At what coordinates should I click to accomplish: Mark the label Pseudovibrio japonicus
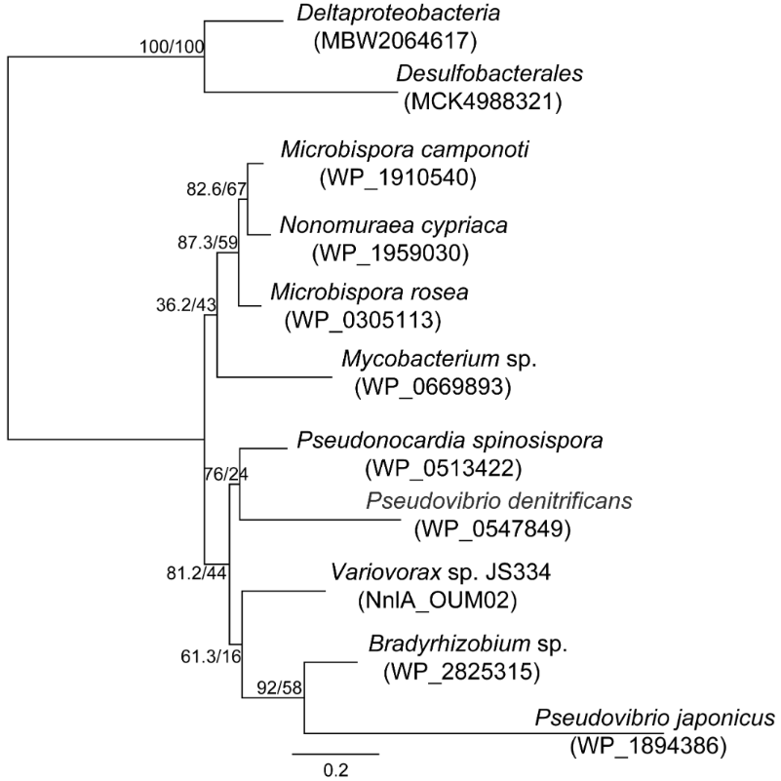(655, 720)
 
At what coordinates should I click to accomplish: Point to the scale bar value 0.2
(335, 769)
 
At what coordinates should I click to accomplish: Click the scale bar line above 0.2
(335, 752)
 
